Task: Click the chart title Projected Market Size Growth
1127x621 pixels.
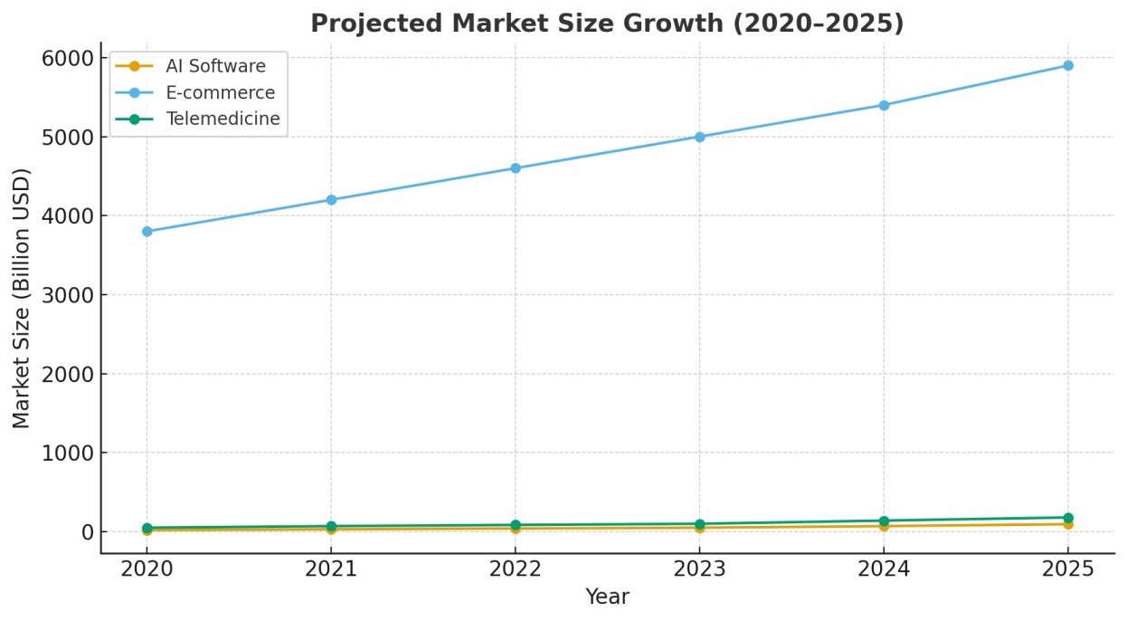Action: click(607, 24)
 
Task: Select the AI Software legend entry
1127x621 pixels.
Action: click(215, 66)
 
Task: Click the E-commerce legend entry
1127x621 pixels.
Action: click(220, 92)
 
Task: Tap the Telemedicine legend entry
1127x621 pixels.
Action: click(223, 119)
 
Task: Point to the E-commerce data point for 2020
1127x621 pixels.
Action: click(147, 232)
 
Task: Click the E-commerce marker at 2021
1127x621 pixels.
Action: click(331, 200)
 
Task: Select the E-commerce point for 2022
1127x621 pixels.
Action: click(516, 168)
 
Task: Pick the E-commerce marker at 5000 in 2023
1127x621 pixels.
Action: click(699, 137)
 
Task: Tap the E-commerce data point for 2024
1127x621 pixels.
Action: click(884, 105)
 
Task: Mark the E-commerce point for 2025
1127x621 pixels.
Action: click(1068, 65)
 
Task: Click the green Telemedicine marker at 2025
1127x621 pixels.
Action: click(1068, 518)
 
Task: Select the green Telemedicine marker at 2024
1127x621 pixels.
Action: click(884, 521)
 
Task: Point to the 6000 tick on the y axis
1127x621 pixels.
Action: click(68, 58)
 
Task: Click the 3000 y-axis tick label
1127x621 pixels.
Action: click(68, 295)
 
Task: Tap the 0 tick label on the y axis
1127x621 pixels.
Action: click(87, 532)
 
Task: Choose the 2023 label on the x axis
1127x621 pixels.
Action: click(699, 569)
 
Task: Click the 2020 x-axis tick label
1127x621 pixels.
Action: click(147, 569)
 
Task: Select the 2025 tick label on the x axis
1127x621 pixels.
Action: click(1068, 569)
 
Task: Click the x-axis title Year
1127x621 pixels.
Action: click(607, 597)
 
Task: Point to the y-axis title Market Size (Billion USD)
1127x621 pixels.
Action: click(22, 298)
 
